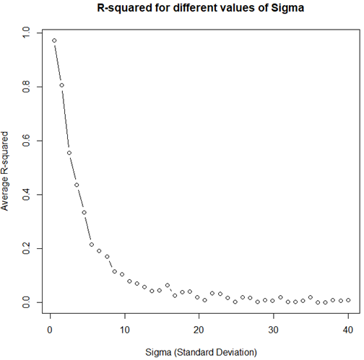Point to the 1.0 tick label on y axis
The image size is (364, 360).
27,33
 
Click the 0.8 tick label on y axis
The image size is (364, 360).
27,87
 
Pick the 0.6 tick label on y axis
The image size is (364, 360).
27,141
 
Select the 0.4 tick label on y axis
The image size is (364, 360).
27,195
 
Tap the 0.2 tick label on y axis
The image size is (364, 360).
27,248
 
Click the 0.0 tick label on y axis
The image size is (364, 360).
27,302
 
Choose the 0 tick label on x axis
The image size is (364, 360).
51,330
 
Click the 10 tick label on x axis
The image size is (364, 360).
125,330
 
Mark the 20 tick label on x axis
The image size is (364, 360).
199,330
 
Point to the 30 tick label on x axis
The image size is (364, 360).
274,330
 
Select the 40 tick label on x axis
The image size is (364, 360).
348,330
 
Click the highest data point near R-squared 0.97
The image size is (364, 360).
54,41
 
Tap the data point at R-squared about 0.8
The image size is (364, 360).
61,85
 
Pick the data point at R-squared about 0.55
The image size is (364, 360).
69,153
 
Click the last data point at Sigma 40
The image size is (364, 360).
348,300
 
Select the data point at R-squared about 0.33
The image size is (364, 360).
84,212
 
